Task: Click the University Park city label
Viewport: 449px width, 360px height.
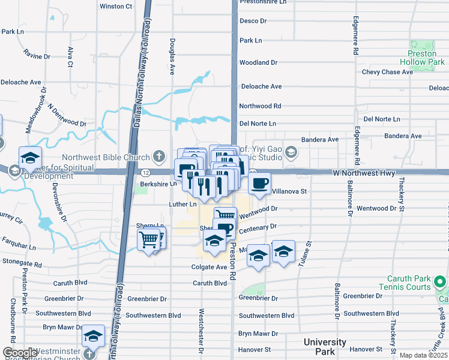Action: (x=324, y=346)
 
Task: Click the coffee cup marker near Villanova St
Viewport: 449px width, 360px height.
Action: (x=259, y=183)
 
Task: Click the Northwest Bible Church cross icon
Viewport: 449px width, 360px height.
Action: (x=158, y=157)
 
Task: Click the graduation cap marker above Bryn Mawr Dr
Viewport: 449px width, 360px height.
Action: (x=93, y=337)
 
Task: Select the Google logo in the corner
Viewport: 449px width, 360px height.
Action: (x=20, y=353)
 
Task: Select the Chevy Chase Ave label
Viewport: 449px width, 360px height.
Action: (x=387, y=72)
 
